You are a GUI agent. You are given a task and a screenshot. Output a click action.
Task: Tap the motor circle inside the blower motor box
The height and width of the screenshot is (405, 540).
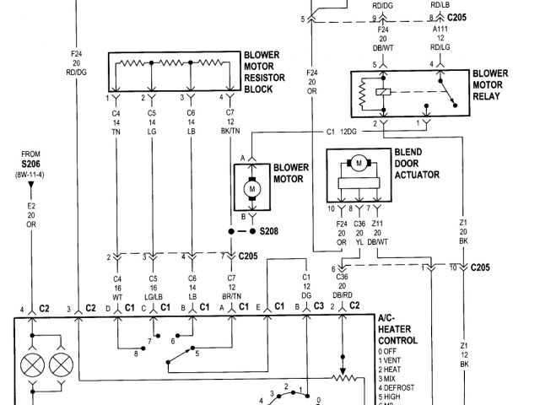(251, 190)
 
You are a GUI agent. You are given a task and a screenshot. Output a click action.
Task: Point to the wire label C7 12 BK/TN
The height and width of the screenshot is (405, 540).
(230, 122)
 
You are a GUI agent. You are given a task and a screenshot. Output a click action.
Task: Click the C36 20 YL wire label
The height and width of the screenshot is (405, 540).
(359, 234)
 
